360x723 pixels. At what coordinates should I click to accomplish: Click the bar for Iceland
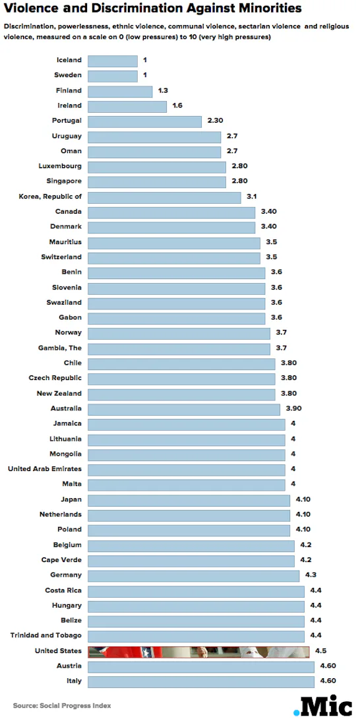113,60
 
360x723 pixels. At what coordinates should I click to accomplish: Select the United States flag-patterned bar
198,651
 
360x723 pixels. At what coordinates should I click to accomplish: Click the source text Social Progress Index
62,705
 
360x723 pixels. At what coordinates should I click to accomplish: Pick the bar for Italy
201,681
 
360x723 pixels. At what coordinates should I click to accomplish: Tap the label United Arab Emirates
45,469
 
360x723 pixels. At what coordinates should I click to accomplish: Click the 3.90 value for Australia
293,408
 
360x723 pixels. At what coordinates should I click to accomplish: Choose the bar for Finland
120,90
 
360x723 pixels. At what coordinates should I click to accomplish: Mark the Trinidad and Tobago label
46,635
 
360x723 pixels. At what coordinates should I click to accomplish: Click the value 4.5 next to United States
320,650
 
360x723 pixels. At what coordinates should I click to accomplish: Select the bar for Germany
194,575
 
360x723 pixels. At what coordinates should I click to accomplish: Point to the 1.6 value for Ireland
177,106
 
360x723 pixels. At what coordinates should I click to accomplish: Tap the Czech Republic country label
55,378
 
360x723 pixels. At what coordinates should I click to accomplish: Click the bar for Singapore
157,181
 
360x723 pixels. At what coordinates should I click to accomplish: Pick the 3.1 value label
251,197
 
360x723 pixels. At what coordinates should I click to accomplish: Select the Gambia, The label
60,348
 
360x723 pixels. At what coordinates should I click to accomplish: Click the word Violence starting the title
33,9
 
